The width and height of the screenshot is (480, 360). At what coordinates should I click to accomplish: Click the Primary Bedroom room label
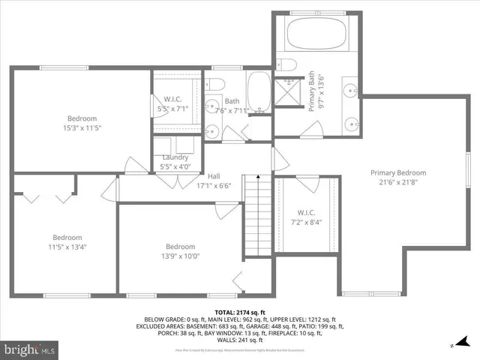point(397,172)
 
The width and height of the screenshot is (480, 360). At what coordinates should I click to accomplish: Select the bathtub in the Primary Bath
point(315,35)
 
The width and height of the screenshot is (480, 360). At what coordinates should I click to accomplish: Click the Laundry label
point(175,157)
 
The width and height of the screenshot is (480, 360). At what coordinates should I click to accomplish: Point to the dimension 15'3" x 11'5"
point(82,128)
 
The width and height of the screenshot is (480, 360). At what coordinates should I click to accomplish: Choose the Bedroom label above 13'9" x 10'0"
point(180,247)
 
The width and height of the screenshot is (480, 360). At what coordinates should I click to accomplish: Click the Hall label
point(214,175)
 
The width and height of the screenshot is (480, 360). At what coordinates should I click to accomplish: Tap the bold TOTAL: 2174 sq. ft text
point(240,311)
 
